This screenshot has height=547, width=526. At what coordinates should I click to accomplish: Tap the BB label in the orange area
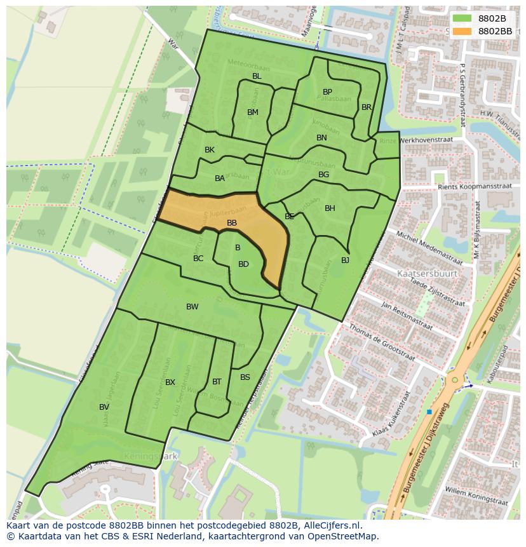point(232,223)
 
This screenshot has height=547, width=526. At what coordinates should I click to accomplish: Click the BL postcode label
point(257,76)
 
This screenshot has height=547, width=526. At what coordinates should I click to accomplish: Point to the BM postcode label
point(253,112)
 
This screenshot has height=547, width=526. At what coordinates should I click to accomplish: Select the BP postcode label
point(327,92)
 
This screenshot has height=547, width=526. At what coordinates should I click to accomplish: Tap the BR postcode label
point(367,107)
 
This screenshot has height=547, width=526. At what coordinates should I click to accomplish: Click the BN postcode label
point(321,138)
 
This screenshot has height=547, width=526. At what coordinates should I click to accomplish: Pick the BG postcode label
point(323,175)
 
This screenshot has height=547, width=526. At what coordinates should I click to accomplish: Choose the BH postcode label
point(330,208)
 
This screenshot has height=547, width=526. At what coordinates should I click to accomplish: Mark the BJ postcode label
point(345,260)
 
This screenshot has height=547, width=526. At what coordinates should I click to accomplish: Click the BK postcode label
point(210,150)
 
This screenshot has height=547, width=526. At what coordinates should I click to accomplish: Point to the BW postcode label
point(192,307)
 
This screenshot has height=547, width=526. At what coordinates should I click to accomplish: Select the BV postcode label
point(104,407)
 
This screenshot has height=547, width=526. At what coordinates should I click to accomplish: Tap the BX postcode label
point(170,382)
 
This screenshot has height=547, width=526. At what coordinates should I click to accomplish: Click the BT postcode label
point(217,382)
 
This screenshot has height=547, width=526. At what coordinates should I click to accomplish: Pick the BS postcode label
point(245,377)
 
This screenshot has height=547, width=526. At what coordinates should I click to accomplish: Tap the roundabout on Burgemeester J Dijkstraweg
point(454,380)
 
